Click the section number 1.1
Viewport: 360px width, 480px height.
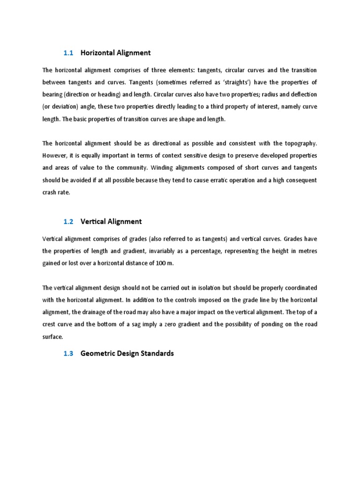click(68, 53)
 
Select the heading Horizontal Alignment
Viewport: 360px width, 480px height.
click(116, 53)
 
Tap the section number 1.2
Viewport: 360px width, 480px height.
click(68, 221)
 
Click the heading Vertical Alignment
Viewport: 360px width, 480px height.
click(111, 221)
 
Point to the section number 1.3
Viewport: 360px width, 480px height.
click(68, 353)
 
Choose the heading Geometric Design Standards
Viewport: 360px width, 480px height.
click(127, 353)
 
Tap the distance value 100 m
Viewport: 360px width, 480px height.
click(164, 263)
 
